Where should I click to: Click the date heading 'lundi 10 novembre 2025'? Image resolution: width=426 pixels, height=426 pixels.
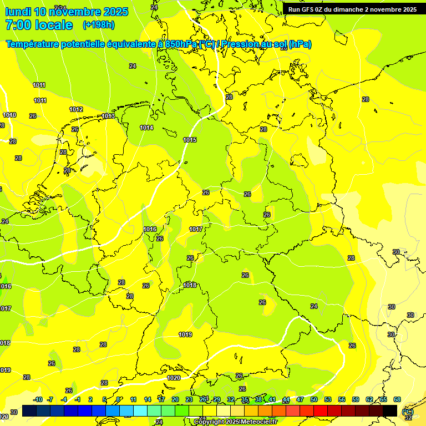(x=67, y=12)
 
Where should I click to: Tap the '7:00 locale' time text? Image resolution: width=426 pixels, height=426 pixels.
(x=39, y=25)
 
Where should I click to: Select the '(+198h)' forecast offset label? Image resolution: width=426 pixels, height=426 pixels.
(x=98, y=25)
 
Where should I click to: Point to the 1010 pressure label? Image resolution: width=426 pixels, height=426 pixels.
(x=9, y=115)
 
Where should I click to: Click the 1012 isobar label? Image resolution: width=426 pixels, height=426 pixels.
(x=76, y=109)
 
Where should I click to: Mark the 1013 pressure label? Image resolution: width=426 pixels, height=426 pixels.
(x=108, y=116)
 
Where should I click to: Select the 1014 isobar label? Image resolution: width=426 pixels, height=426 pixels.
(x=146, y=128)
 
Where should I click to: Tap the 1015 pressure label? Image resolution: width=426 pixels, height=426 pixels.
(x=190, y=140)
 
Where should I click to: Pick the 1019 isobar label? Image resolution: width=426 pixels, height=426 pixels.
(x=185, y=334)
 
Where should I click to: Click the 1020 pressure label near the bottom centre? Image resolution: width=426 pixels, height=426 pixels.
(x=174, y=378)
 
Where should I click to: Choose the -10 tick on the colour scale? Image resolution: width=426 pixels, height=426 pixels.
(x=38, y=399)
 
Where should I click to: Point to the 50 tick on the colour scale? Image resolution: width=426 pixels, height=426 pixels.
(x=314, y=399)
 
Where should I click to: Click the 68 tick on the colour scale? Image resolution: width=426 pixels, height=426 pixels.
(x=397, y=399)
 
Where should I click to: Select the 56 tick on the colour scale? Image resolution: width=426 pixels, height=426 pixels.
(x=342, y=399)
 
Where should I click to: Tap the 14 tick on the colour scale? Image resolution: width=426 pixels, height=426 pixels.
(x=148, y=399)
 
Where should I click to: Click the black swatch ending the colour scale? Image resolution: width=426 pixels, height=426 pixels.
(x=390, y=410)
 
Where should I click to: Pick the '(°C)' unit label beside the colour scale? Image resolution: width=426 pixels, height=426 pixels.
(x=408, y=411)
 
